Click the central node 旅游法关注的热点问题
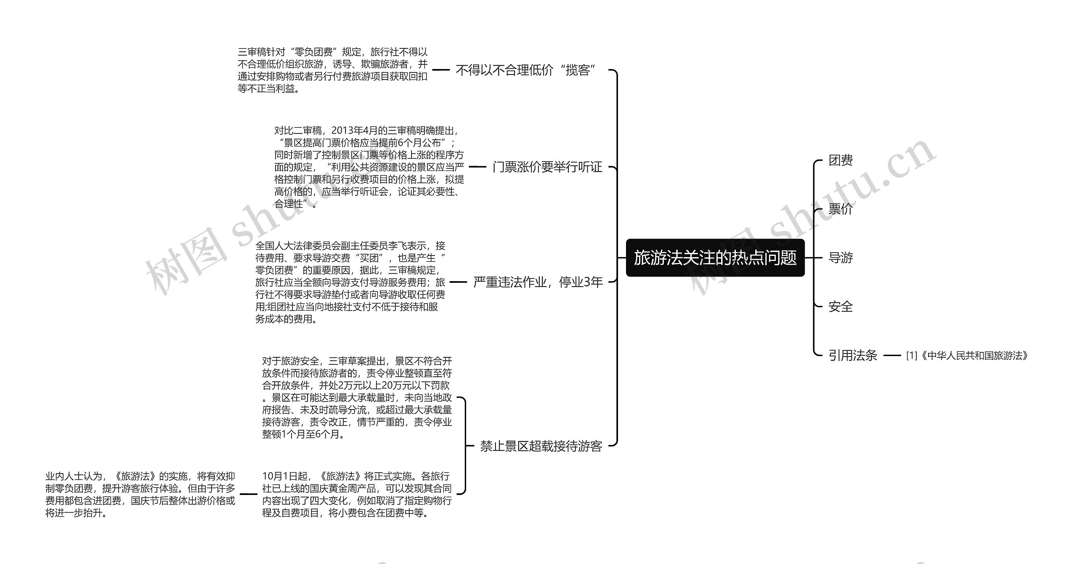(715, 258)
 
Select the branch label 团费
(841, 160)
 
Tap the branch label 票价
(841, 209)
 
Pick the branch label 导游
(841, 258)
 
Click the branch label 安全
(841, 306)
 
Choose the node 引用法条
(853, 356)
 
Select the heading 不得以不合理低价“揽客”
(526, 70)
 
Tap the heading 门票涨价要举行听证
(547, 167)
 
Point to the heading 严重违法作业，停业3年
(538, 282)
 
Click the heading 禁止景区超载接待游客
(541, 446)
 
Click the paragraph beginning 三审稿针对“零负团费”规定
(333, 70)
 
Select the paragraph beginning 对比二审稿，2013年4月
(369, 167)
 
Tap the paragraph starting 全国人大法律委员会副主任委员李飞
(350, 282)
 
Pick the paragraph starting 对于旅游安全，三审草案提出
(357, 398)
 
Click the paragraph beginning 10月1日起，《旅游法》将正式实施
(357, 495)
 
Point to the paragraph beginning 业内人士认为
(141, 495)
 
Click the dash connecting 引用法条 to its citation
(892, 356)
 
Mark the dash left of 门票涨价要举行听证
(477, 167)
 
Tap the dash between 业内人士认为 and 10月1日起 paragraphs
(248, 495)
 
